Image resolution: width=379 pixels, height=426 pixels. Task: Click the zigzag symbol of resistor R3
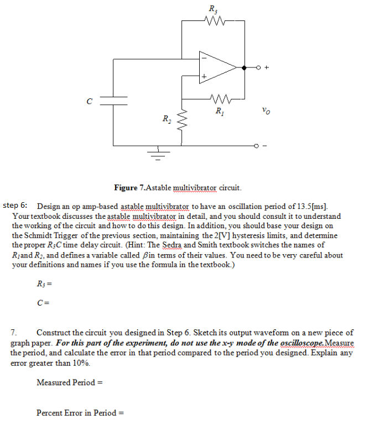point(213,22)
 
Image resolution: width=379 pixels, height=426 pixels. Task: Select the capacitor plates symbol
point(113,100)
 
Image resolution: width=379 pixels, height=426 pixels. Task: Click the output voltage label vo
point(266,111)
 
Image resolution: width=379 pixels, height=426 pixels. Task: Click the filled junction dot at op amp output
point(243,67)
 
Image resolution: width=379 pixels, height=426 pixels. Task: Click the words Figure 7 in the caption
point(129,188)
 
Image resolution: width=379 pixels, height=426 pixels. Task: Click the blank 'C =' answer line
point(44,302)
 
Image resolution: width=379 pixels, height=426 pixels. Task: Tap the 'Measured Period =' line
point(70,382)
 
